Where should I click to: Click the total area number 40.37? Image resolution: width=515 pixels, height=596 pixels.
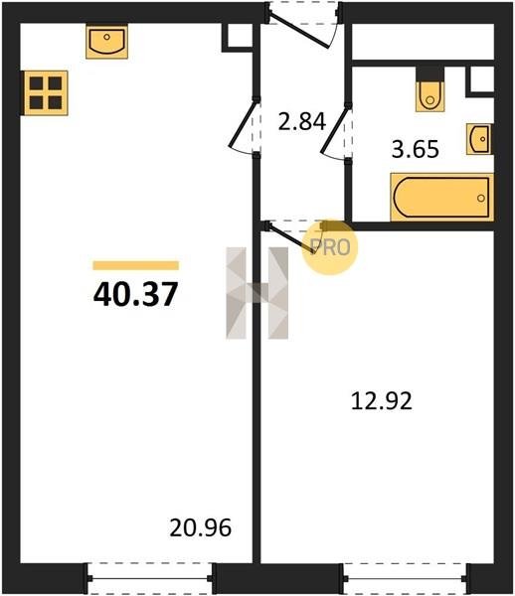135,294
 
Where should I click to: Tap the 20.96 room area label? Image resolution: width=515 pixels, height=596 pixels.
201,528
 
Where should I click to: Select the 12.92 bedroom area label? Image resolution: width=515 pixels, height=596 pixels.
382,401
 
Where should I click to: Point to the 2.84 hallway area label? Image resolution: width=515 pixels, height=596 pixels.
302,121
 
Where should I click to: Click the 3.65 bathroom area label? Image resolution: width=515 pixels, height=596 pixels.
416,149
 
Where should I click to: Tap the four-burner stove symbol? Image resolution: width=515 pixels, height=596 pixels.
46,93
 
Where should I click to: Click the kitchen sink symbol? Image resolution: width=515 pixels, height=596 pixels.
107,42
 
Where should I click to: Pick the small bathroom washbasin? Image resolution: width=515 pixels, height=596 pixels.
479,139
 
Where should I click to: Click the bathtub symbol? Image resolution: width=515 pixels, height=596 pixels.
442,198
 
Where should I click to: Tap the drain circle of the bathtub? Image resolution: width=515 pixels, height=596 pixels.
481,198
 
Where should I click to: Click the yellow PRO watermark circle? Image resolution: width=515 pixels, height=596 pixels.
330,247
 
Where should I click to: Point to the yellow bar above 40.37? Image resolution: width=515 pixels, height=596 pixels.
136,265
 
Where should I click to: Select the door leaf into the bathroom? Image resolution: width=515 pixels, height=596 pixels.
335,131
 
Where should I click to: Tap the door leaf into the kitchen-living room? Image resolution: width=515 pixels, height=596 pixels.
243,124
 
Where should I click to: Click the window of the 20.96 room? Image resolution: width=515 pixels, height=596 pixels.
150,578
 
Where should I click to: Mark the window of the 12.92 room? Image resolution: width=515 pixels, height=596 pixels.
405,578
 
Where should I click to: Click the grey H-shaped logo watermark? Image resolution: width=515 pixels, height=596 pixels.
257,293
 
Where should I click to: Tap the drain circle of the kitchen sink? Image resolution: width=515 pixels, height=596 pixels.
107,37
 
